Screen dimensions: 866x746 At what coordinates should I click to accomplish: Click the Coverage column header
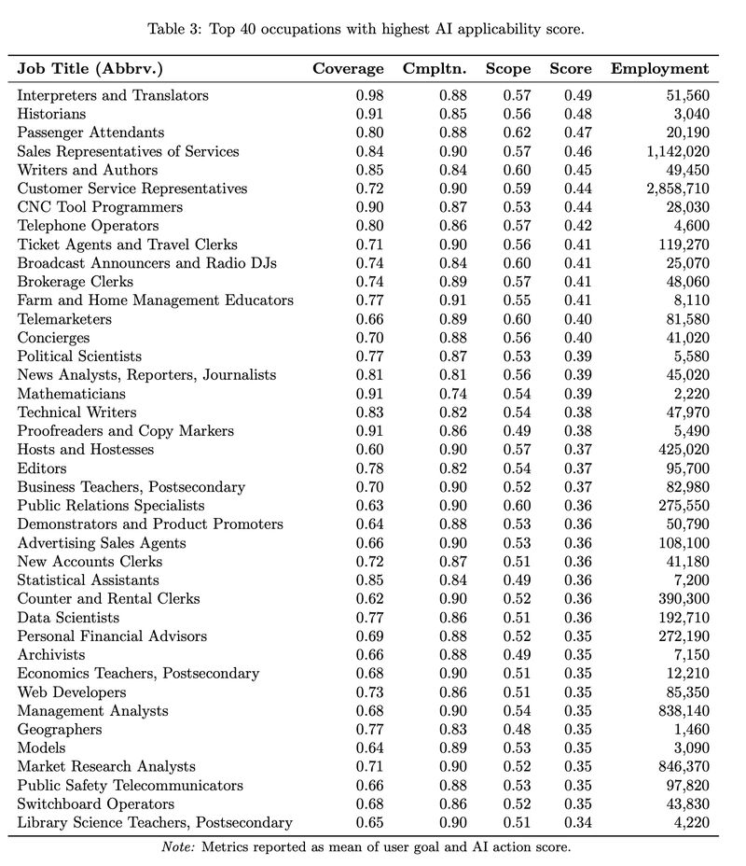(x=348, y=69)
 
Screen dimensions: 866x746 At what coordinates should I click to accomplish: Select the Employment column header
(x=659, y=69)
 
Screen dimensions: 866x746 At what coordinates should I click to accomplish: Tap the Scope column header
(x=508, y=69)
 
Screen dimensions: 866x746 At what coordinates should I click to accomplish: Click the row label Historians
(x=51, y=114)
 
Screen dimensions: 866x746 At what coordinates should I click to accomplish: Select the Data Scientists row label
(x=68, y=618)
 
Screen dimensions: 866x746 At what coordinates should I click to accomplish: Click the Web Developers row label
(x=72, y=692)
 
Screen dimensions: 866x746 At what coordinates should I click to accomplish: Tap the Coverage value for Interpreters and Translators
(x=369, y=95)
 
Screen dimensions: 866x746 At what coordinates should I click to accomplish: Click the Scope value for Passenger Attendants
(x=518, y=133)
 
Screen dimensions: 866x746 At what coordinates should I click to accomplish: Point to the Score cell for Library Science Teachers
(x=578, y=823)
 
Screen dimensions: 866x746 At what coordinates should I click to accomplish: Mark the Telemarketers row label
(x=64, y=319)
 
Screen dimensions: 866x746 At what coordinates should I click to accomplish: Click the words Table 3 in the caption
(x=173, y=29)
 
